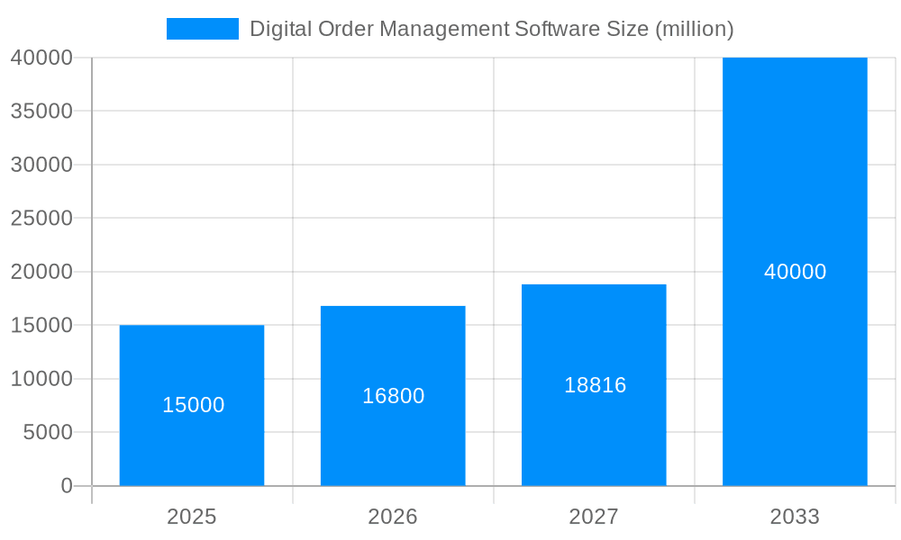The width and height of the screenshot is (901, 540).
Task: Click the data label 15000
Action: [x=193, y=405]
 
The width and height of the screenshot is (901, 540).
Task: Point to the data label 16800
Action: [x=393, y=396]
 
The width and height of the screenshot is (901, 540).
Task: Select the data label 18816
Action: [x=595, y=385]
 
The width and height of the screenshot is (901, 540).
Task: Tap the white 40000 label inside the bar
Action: [x=795, y=272]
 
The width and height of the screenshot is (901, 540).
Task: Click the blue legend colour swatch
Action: [x=203, y=29]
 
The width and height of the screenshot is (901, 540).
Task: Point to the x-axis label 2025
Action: [x=192, y=517]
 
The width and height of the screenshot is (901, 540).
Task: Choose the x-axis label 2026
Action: [x=393, y=517]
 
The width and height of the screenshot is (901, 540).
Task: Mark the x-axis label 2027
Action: [x=594, y=517]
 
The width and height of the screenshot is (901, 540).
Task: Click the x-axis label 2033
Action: [x=795, y=517]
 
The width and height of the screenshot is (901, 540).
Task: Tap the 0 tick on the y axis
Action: [x=67, y=486]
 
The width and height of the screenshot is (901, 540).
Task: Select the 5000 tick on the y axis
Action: [x=47, y=432]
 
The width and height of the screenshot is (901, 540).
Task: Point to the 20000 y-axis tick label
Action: [x=41, y=272]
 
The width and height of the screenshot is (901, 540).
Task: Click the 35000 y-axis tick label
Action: [x=41, y=111]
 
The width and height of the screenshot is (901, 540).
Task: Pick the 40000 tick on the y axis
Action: [x=41, y=58]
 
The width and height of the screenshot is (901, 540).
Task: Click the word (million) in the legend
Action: [x=694, y=29]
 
